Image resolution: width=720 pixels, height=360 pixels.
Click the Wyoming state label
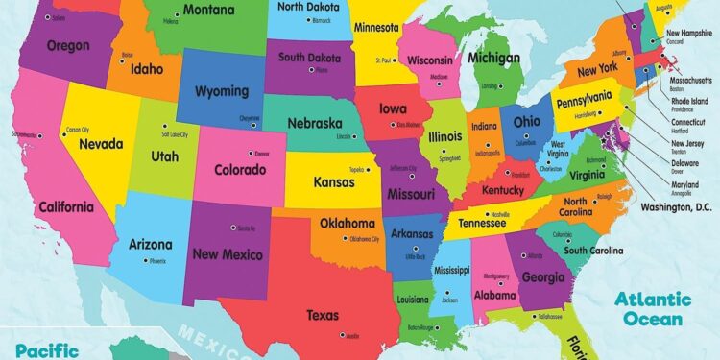point(222,92)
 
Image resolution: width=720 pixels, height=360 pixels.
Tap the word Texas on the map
point(322,314)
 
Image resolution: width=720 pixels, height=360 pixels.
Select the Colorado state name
point(240,170)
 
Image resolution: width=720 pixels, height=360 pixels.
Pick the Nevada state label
point(101,144)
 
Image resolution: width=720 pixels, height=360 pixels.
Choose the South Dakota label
point(311,57)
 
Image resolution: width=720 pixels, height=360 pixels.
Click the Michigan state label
point(493,59)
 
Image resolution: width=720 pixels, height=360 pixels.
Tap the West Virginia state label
point(558,150)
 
